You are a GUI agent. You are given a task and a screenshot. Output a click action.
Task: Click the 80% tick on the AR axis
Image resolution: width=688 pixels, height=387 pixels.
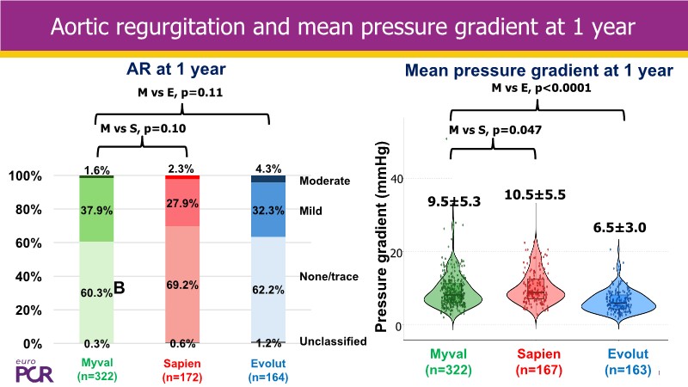pyautogui.click(x=32, y=209)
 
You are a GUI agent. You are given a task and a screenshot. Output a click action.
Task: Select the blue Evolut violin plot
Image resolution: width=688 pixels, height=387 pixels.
pyautogui.click(x=618, y=301)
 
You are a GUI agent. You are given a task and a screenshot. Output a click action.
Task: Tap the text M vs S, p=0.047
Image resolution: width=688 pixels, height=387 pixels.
pyautogui.click(x=494, y=131)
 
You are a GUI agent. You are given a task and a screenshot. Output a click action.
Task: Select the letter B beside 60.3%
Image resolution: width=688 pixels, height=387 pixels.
pyautogui.click(x=120, y=291)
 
